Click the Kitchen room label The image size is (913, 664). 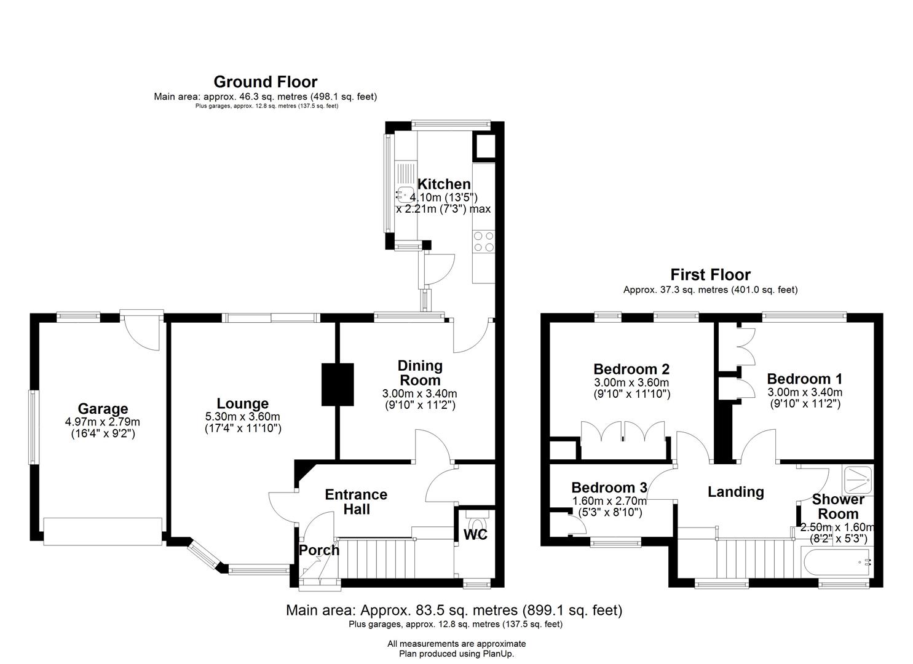[444, 184]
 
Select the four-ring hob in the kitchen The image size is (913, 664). [484, 241]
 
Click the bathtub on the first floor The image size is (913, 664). [836, 563]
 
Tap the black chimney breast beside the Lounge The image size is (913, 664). [338, 384]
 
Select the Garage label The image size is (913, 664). [103, 408]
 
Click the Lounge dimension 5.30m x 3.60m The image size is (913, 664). [243, 417]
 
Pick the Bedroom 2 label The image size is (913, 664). [631, 369]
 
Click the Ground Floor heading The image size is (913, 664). [266, 82]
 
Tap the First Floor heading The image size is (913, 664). [711, 275]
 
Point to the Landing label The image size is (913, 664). [736, 492]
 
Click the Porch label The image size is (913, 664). [319, 550]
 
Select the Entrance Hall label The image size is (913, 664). [356, 502]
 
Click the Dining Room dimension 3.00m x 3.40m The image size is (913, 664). [419, 393]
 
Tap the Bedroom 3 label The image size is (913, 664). [609, 488]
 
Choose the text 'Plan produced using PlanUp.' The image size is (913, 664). [456, 654]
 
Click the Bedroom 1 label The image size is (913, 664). [804, 379]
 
